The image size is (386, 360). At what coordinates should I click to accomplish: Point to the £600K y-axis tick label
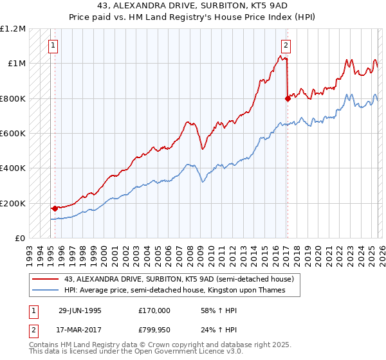click(x=14, y=134)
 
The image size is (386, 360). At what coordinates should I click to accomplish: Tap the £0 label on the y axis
click(x=19, y=239)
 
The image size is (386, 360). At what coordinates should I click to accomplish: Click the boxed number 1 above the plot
click(x=52, y=45)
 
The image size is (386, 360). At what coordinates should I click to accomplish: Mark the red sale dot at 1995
click(x=55, y=208)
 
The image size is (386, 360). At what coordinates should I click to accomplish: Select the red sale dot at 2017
click(x=287, y=98)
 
